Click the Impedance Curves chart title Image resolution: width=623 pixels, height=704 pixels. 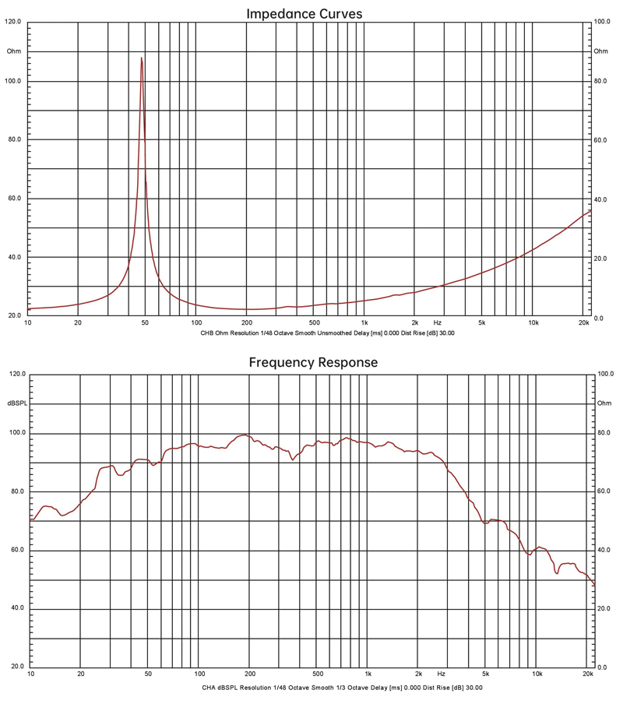click(x=304, y=13)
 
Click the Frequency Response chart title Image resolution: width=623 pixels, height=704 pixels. click(x=313, y=362)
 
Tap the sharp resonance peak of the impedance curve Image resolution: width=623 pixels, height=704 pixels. click(x=141, y=58)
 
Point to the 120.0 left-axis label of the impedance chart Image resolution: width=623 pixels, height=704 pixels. click(x=14, y=23)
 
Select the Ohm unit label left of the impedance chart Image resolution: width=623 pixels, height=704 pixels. click(x=14, y=51)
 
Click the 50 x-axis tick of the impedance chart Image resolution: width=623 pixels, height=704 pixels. click(x=145, y=322)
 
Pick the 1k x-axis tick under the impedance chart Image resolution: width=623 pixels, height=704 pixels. click(x=364, y=322)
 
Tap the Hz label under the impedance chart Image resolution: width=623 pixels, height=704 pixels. click(x=438, y=322)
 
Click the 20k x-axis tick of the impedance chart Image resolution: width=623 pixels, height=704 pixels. click(x=585, y=322)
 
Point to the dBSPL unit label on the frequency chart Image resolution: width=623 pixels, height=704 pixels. click(x=16, y=403)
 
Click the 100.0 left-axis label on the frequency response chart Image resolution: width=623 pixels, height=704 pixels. click(x=16, y=433)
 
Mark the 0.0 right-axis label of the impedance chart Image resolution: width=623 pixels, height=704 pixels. click(x=598, y=318)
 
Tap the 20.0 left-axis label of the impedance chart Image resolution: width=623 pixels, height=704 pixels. click(x=14, y=316)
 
